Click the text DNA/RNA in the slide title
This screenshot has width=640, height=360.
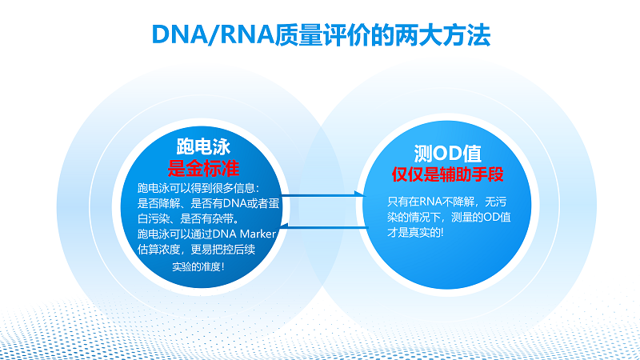[213, 34]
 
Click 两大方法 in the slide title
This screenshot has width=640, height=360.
[442, 34]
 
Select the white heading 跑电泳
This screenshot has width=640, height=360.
[203, 146]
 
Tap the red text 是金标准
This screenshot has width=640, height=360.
[203, 168]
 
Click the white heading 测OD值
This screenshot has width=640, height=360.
[448, 154]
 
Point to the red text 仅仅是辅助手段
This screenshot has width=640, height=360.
[448, 174]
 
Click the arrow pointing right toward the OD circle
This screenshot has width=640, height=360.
[323, 195]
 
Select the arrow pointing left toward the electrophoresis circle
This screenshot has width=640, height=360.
[324, 226]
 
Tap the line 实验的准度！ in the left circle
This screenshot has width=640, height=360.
[198, 266]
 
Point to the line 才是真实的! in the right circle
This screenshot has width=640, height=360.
[415, 233]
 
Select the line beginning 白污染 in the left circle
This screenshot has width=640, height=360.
[188, 218]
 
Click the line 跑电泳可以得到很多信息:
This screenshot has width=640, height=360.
[198, 188]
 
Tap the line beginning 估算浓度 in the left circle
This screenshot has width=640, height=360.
[196, 250]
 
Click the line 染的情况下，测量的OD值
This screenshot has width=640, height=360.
[449, 217]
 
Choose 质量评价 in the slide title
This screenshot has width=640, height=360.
[322, 34]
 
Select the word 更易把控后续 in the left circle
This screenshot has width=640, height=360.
[223, 250]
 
